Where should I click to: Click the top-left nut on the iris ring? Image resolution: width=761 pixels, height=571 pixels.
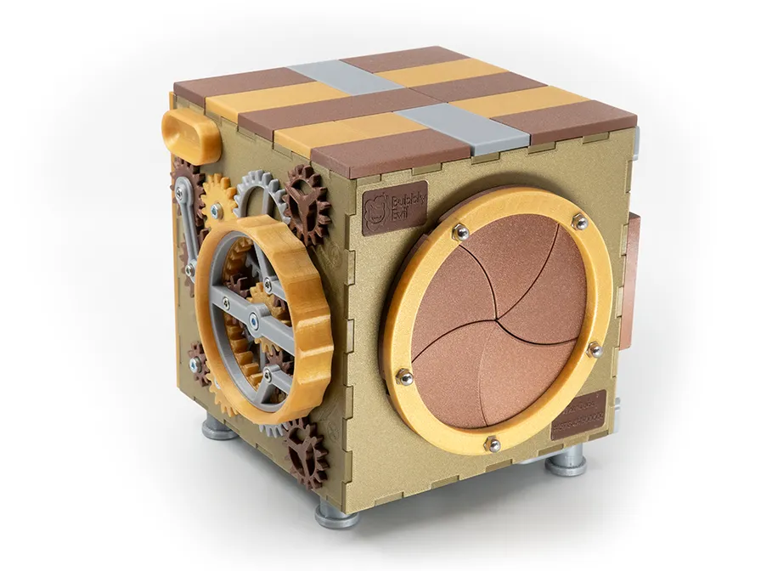click(x=459, y=230)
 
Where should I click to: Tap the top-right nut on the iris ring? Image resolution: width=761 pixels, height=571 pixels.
click(x=579, y=222)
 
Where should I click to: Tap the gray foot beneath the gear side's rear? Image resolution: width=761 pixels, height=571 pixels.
click(x=218, y=429)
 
